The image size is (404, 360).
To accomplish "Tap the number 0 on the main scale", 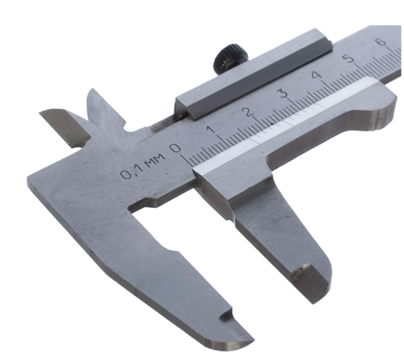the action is coord(176,149).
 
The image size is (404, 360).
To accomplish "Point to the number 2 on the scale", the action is coord(249,112).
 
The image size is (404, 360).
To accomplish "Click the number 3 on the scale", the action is coord(283,93).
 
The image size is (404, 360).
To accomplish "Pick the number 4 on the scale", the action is coord(316,75).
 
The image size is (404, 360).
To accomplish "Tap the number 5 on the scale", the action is coord(349,58).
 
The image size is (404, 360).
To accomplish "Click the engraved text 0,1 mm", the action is coord(143,167).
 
